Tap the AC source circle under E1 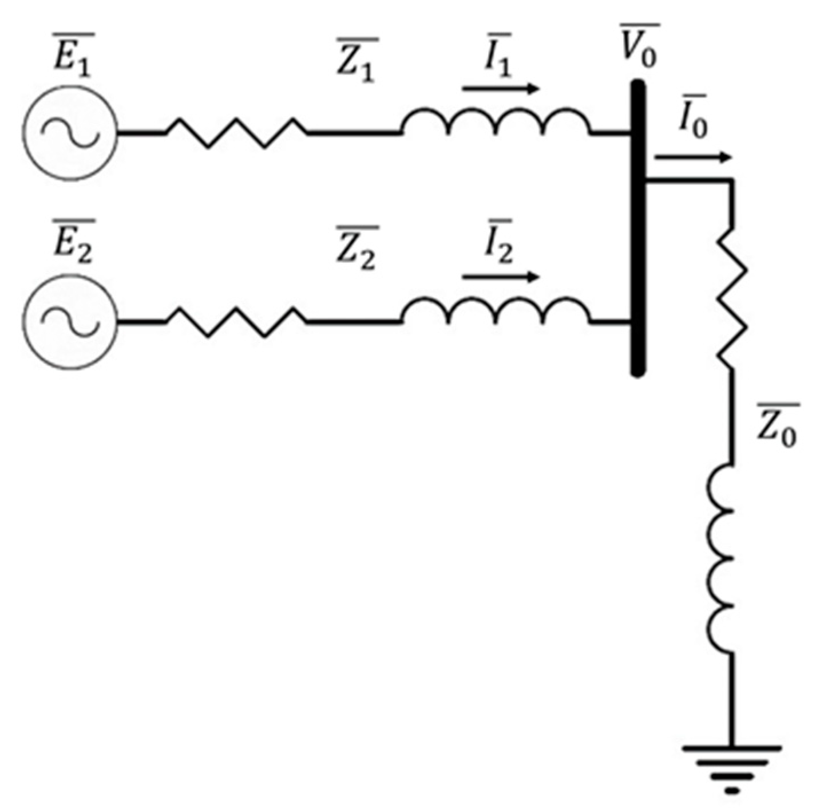pyautogui.click(x=70, y=133)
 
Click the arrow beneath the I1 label pyautogui.click(x=501, y=89)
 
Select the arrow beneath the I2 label pyautogui.click(x=501, y=277)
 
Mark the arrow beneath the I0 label pyautogui.click(x=692, y=157)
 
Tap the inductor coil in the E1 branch pyautogui.click(x=496, y=121)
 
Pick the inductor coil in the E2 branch pyautogui.click(x=496, y=310)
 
